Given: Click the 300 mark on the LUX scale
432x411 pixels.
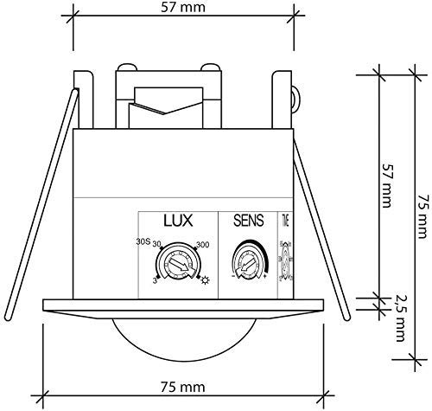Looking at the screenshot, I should [x=203, y=245].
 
